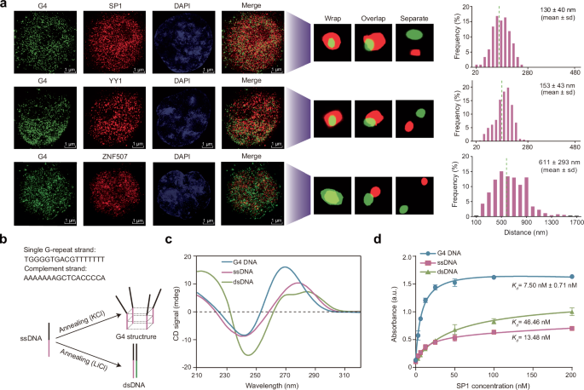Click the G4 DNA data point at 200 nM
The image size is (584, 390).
coord(572,276)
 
